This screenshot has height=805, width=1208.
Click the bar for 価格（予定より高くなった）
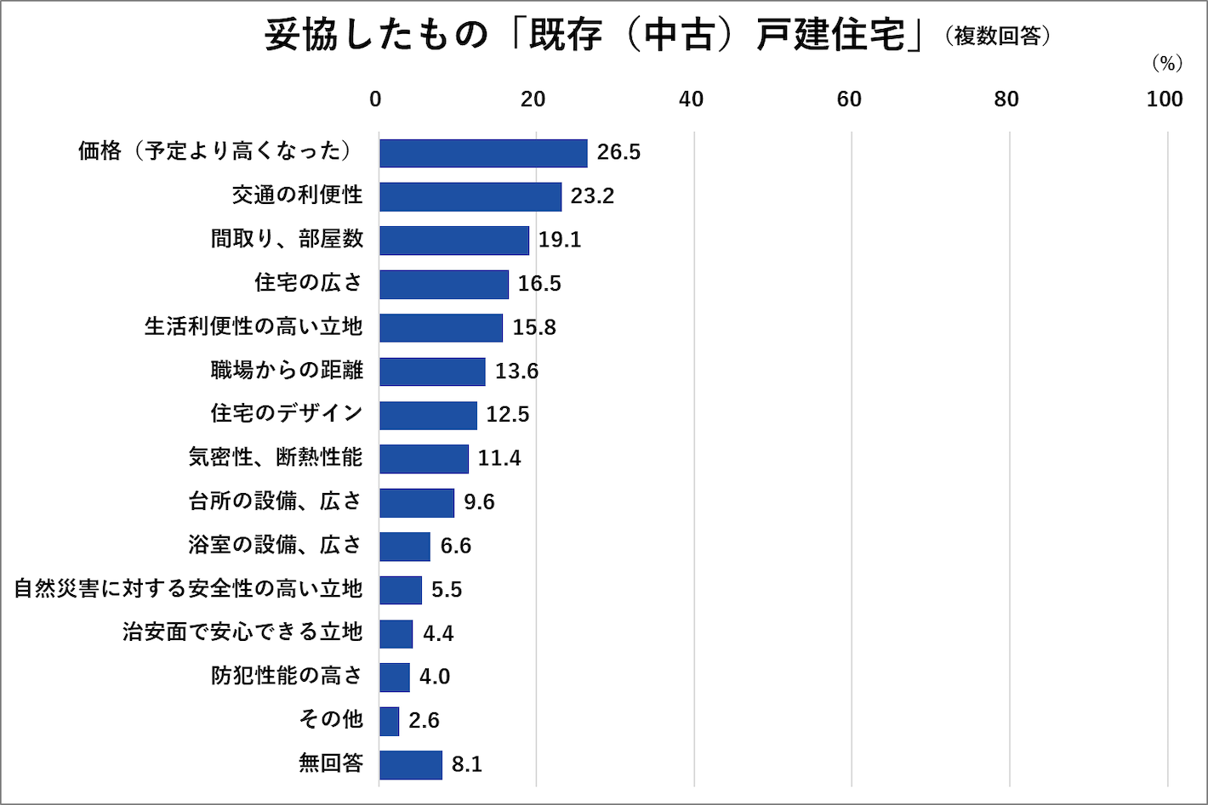483,153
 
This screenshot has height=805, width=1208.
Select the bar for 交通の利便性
470,196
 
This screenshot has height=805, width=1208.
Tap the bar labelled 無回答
411,764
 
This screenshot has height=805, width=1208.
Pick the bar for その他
389,721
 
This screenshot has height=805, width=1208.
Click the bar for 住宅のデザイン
428,415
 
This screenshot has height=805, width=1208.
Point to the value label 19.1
560,240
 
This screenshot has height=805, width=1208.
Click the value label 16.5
539,284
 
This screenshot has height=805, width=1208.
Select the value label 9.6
479,502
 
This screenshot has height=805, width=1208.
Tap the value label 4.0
435,677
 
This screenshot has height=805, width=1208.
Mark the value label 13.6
516,371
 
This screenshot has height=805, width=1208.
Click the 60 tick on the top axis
849,99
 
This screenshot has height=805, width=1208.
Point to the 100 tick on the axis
1165,99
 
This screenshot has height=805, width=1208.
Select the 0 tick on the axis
375,99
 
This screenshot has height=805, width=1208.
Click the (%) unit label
1167,64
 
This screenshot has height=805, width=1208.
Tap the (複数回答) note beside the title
998,37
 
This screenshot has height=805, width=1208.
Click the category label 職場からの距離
287,370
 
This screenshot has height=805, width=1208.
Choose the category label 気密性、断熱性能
276,457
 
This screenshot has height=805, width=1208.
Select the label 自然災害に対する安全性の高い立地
188,588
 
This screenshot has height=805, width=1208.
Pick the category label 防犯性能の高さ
287,676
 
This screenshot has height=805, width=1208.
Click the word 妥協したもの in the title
376,36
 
